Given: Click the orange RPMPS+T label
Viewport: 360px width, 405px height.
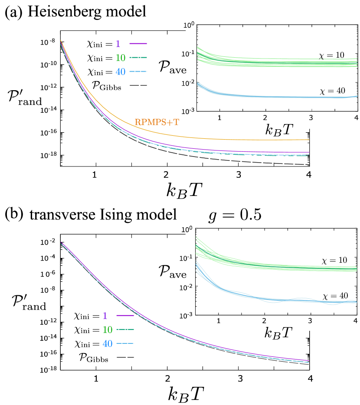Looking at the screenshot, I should (x=157, y=122).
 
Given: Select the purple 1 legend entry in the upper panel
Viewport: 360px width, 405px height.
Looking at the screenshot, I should (x=118, y=44).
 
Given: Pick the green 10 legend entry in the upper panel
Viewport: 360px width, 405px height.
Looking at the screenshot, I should (x=121, y=58).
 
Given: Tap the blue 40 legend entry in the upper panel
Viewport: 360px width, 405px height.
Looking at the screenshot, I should (x=121, y=72).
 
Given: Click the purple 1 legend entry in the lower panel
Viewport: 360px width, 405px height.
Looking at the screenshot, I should (x=105, y=316).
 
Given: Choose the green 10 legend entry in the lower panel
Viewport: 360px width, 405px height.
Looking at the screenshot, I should (x=108, y=330).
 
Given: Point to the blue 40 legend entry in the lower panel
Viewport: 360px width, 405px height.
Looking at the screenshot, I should (x=108, y=343).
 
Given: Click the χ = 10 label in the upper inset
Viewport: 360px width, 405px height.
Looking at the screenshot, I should (x=332, y=56).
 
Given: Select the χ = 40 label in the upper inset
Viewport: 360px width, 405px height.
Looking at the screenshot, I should (x=332, y=91).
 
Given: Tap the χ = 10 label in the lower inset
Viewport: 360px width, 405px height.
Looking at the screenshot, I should (x=334, y=261).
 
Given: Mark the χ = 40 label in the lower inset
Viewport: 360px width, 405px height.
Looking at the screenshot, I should (x=335, y=296).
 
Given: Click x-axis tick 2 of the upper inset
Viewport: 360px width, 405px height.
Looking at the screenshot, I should (x=265, y=118).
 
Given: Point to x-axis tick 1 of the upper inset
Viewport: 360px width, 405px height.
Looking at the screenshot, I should (x=219, y=118).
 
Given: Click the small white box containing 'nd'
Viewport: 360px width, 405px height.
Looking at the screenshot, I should (x=47, y=307).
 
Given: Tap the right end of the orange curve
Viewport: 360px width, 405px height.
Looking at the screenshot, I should (x=309, y=140).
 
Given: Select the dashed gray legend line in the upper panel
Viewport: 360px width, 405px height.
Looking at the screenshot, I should (x=138, y=85).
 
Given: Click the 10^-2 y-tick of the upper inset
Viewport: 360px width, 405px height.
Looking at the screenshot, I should (x=190, y=83).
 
